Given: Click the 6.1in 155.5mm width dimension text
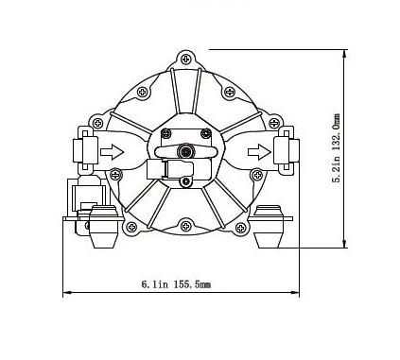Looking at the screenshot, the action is [176, 284].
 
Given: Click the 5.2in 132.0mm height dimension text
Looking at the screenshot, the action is [337, 148].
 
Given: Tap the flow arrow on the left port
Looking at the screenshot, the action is [112, 152].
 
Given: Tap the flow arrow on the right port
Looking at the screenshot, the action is [259, 152].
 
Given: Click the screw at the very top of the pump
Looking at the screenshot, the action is [186, 59].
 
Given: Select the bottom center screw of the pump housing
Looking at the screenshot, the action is [186, 226].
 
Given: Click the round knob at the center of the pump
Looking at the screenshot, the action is [186, 151].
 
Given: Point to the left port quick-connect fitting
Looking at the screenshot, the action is [86, 150].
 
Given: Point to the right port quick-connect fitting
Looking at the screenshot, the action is [287, 150].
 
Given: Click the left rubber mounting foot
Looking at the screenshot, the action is [103, 226].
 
